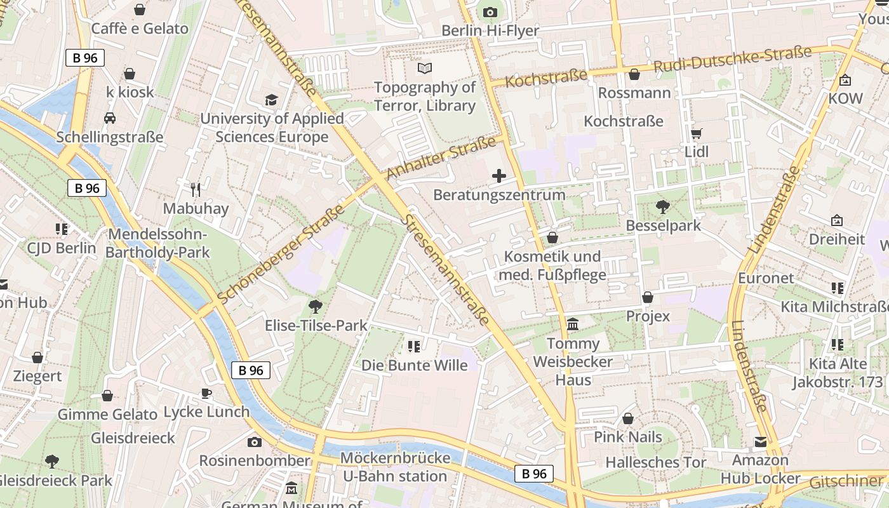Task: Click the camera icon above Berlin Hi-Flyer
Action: click(x=490, y=12)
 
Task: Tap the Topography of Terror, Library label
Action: click(x=425, y=97)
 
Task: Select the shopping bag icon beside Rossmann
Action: click(x=634, y=75)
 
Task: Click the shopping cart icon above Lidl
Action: click(x=697, y=133)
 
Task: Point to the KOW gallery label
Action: click(x=845, y=98)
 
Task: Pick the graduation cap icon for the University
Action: click(x=272, y=100)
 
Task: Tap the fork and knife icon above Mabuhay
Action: click(x=196, y=189)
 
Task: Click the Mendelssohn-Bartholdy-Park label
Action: click(x=157, y=243)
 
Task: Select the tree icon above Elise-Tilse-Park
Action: click(x=315, y=307)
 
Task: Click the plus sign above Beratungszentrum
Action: click(x=499, y=176)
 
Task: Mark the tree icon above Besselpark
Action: click(x=663, y=206)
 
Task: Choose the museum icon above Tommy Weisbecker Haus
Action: click(x=573, y=324)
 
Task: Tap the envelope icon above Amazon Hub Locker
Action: click(x=760, y=442)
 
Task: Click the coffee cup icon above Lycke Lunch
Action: click(x=206, y=393)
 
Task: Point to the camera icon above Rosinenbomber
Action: click(x=255, y=442)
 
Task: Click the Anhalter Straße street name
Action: click(x=440, y=158)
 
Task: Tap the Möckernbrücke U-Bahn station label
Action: click(x=395, y=467)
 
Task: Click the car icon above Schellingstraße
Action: click(x=110, y=118)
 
